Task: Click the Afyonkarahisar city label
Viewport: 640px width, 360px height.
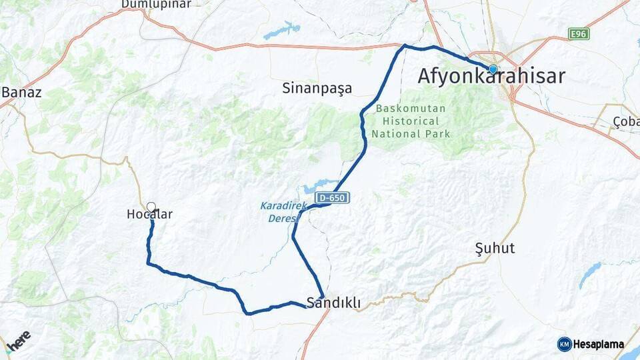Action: [491, 76]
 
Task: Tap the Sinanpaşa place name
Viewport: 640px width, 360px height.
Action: [317, 88]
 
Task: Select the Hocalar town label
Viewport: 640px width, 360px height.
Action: [150, 215]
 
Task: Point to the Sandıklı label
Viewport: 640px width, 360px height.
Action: [334, 303]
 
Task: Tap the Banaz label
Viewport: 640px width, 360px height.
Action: [21, 93]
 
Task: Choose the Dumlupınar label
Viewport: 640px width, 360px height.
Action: [156, 4]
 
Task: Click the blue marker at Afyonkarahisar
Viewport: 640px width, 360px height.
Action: [493, 69]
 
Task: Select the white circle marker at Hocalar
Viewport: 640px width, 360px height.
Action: [151, 207]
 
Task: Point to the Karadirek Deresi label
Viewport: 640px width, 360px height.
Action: [283, 211]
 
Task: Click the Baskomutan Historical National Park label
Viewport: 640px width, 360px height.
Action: [411, 121]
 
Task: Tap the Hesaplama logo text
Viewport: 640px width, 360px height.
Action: [598, 345]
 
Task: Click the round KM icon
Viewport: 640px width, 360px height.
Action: [565, 345]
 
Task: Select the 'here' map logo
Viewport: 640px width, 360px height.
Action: [19, 338]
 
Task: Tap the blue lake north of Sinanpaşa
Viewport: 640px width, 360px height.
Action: [282, 31]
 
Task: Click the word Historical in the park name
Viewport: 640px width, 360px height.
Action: [411, 121]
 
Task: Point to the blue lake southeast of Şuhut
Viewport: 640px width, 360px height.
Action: [589, 274]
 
